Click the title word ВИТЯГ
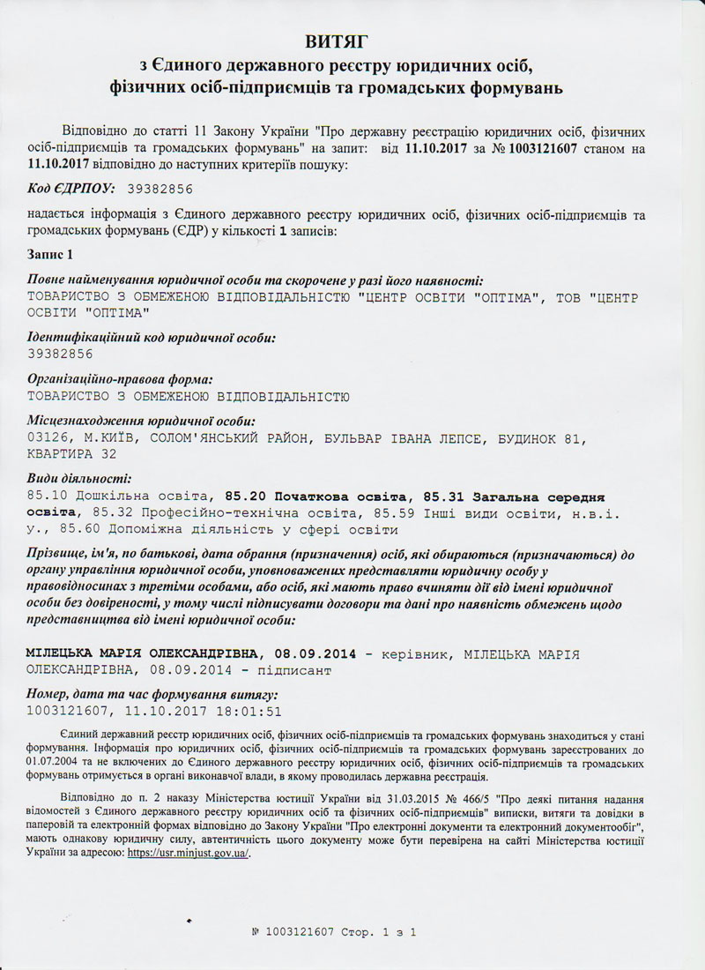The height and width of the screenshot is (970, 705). click(x=352, y=41)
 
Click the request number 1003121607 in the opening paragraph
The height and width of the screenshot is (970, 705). click(x=535, y=149)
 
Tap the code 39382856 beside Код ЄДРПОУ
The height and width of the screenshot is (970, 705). click(x=160, y=189)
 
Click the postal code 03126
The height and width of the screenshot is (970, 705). click(x=48, y=437)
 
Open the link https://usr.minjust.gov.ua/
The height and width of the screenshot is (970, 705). click(x=189, y=854)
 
